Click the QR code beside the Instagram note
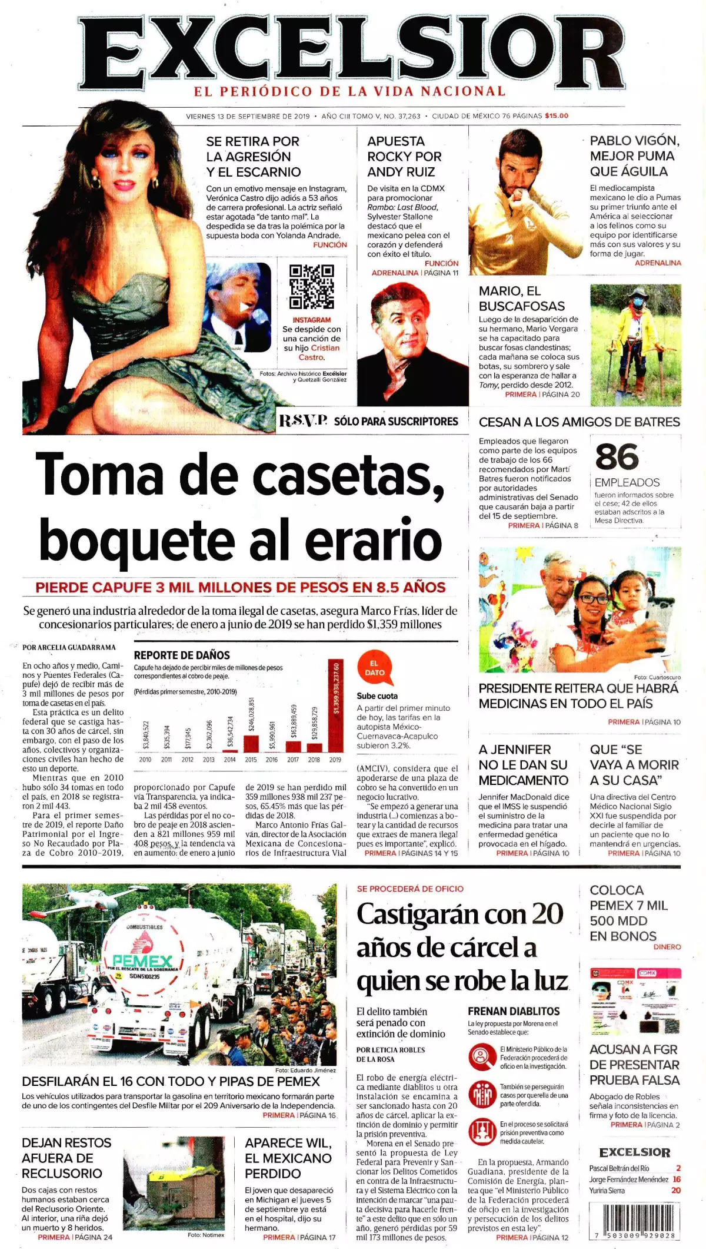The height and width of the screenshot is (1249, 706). (312, 287)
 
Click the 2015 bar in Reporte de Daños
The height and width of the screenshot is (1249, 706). (251, 743)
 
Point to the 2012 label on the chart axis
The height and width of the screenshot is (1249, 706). (188, 760)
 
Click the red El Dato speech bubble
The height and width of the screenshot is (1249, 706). (374, 668)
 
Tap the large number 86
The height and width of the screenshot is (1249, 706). (617, 457)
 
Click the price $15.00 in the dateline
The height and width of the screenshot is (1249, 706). (557, 116)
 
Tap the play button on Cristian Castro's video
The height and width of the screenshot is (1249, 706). (244, 307)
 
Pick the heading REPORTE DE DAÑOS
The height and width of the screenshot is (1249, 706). (182, 655)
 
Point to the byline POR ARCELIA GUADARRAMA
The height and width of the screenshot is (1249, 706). (69, 647)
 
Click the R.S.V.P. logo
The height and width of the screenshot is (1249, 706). (303, 420)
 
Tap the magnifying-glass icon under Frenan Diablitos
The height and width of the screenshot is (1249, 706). (482, 1057)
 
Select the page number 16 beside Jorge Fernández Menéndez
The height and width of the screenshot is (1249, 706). (677, 1179)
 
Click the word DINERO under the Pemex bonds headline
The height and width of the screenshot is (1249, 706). (667, 947)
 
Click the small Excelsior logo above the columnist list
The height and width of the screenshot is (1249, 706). (635, 1152)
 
